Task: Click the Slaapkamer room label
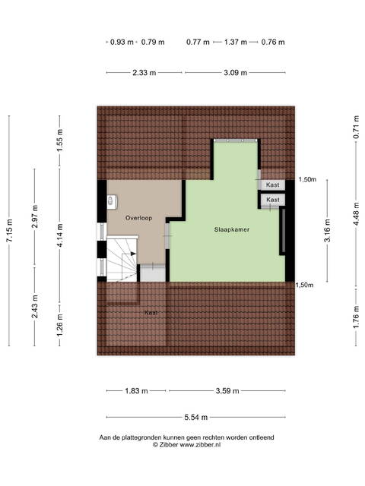[231, 229]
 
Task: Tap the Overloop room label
[138, 218]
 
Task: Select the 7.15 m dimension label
[9, 230]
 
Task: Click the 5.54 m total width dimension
[196, 417]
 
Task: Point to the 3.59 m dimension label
[227, 391]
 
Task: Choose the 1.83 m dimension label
[136, 391]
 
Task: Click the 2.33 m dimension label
[144, 73]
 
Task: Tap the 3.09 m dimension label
[236, 73]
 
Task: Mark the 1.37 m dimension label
[236, 43]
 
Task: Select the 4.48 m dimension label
[357, 214]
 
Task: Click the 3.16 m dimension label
[327, 230]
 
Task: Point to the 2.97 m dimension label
[35, 216]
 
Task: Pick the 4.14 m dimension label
[60, 235]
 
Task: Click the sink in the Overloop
[112, 200]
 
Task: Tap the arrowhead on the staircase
[133, 254]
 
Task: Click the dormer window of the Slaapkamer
[236, 140]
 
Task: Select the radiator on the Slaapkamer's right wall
[283, 231]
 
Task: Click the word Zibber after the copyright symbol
[169, 445]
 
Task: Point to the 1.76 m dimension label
[357, 317]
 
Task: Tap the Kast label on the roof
[151, 313]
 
